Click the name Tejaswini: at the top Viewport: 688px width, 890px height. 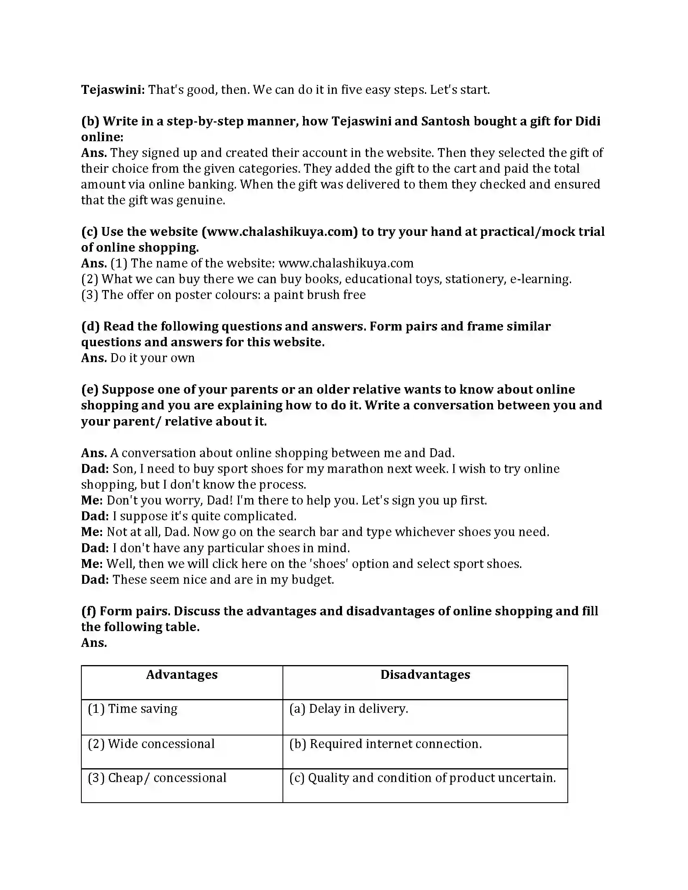[x=113, y=90]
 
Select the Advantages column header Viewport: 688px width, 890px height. [x=182, y=674]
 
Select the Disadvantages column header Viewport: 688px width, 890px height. [x=425, y=674]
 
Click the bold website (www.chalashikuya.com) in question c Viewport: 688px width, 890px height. [x=280, y=231]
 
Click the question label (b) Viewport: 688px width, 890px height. [x=90, y=121]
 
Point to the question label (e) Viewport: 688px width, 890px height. [x=90, y=389]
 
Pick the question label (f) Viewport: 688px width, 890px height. [x=89, y=611]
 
